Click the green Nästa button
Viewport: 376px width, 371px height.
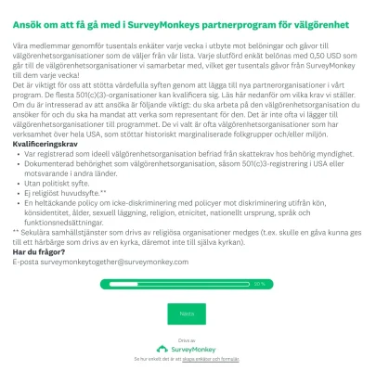pos(187,314)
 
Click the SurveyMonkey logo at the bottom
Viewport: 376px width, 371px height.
pos(188,348)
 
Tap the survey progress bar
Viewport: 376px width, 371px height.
pos(187,283)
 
